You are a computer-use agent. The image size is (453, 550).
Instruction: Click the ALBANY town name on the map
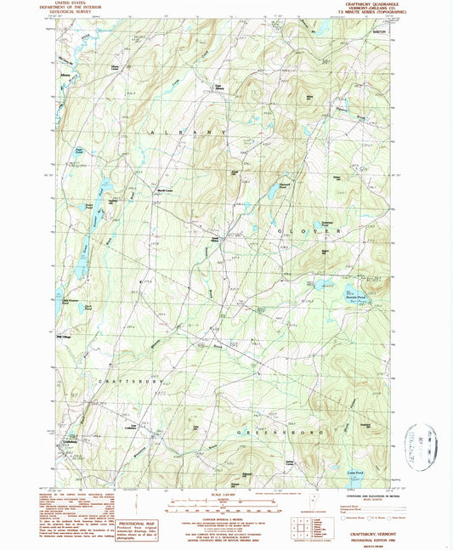[190, 134]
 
